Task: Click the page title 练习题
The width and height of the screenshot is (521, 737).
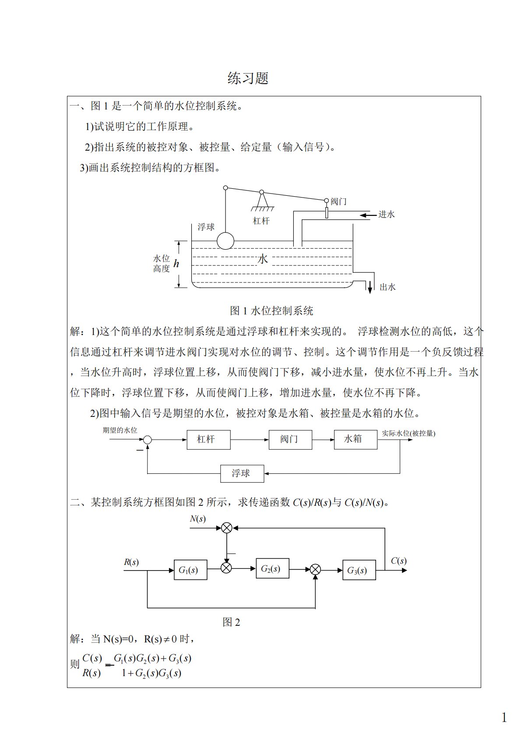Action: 248,78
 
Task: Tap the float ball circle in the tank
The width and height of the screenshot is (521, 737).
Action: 225,240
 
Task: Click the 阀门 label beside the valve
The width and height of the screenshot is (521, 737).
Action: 338,201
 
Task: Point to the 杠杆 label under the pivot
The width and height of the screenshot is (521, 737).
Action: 261,221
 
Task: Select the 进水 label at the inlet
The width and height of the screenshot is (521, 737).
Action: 387,214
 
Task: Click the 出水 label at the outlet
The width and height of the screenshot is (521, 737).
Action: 387,287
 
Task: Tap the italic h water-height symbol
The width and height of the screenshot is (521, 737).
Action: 176,264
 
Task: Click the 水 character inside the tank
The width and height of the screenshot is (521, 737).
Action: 263,259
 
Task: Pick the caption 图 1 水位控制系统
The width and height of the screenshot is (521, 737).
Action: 271,311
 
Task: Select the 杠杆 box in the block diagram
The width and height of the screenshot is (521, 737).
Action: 208,439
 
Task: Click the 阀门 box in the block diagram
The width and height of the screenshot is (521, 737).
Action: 290,439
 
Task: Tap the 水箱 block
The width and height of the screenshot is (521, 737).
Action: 355,439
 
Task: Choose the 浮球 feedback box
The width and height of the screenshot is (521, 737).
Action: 242,473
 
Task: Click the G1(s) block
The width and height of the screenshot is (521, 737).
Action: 190,570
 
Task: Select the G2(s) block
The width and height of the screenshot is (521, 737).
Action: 272,568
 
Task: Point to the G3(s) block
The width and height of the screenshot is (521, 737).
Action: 359,570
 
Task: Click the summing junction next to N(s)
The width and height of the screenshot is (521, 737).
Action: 226,528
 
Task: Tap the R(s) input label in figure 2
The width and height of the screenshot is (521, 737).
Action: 131,562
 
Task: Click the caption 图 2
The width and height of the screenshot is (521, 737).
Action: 231,622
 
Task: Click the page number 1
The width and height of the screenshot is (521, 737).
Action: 504,717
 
